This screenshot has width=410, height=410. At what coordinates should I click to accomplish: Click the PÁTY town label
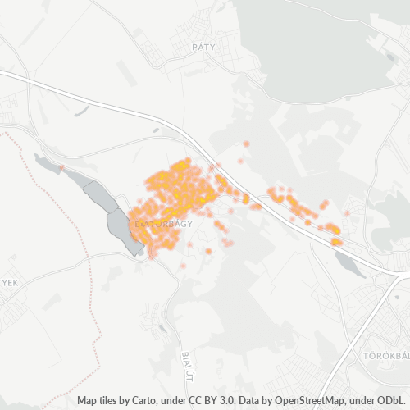pyautogui.click(x=202, y=47)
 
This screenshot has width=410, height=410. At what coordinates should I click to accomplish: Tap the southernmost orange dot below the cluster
pyautogui.click(x=182, y=266)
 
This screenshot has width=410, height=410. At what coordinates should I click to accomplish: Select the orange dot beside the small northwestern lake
pyautogui.click(x=61, y=168)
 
